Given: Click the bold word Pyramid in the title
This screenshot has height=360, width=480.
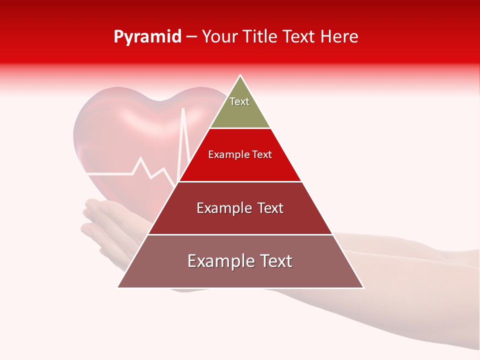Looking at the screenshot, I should [x=147, y=37].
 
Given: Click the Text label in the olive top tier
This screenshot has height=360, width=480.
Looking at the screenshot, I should [x=239, y=102].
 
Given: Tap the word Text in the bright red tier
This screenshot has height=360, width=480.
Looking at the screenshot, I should [x=262, y=155].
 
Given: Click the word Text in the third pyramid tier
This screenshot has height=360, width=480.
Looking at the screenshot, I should [x=270, y=208].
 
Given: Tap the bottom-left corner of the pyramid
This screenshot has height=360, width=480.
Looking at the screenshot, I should [x=118, y=287].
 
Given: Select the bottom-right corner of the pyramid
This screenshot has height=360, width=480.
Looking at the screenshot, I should [x=363, y=287].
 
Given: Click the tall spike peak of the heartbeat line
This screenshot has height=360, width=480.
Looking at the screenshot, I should [x=183, y=108].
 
